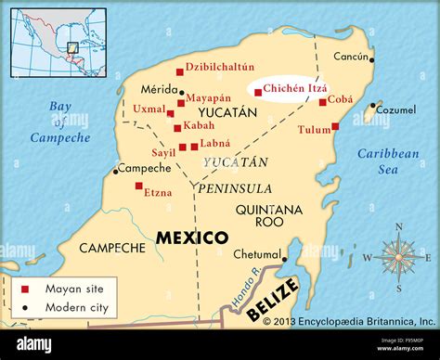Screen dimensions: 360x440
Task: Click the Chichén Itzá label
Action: coord(291,88)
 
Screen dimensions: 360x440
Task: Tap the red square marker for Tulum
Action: coord(336,126)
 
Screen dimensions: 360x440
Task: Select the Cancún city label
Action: coord(352,57)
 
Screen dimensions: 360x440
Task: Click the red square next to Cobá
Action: coord(323,102)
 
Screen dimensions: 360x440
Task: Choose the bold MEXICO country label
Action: coord(191,237)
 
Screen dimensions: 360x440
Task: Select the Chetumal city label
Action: coord(256,254)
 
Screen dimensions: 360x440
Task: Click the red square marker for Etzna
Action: coord(139,186)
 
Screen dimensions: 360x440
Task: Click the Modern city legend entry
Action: coord(73,305)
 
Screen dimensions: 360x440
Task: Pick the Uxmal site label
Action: coord(149,109)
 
